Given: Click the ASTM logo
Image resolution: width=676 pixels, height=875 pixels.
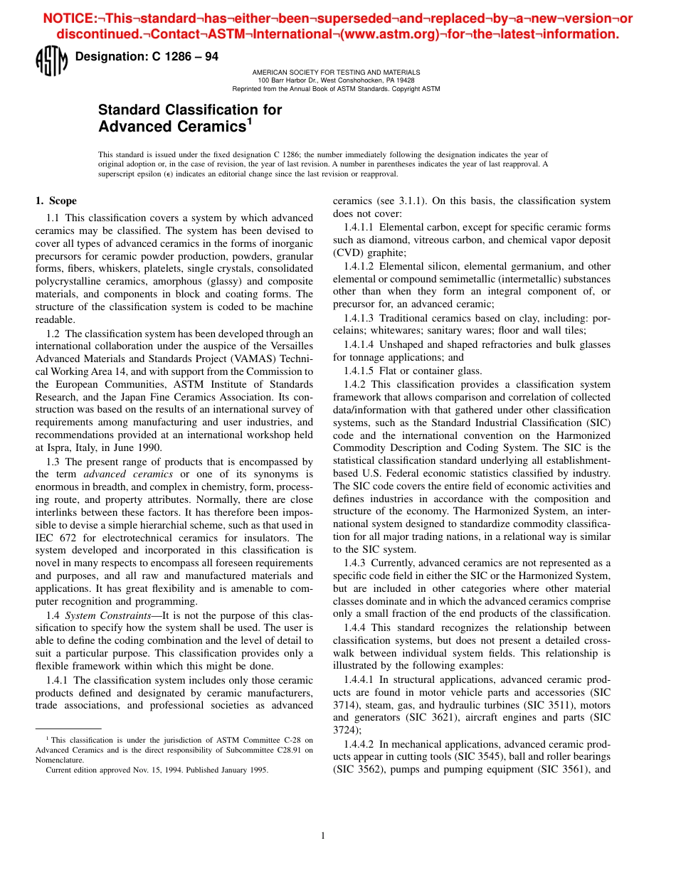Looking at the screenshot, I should point(51,61).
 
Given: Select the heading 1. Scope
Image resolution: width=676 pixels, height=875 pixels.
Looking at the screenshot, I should point(56,201).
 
